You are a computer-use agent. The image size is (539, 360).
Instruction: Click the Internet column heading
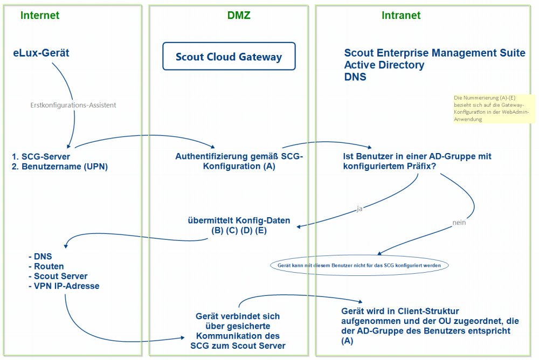[40, 15]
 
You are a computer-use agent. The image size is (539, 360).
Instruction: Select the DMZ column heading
[239, 15]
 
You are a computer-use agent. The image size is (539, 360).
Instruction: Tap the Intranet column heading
[401, 15]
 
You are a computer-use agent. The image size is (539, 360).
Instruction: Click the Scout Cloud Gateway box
[229, 57]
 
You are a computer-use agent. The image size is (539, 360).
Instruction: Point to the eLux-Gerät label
[42, 53]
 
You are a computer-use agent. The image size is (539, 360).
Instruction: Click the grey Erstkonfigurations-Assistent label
[73, 105]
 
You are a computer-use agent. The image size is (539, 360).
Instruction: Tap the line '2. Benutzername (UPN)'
[59, 167]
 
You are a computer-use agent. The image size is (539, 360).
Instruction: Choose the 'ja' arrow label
[359, 209]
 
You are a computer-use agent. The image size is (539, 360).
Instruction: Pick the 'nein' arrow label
[459, 221]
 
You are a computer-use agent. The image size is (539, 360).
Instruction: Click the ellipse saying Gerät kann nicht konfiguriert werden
[359, 265]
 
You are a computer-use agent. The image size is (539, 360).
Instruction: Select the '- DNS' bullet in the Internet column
[40, 257]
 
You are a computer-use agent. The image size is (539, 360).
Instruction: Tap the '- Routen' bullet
[46, 266]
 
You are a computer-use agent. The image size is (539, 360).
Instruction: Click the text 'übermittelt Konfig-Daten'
[239, 220]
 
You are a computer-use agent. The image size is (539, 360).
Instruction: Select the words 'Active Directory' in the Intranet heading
[384, 65]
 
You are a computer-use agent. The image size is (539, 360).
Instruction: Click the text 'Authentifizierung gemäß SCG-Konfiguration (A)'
[239, 161]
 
